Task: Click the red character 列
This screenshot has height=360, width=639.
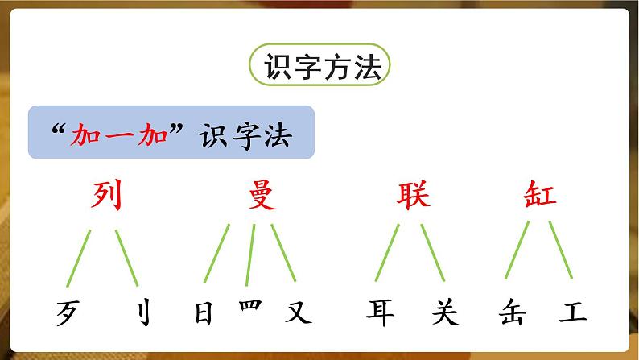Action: coord(106,195)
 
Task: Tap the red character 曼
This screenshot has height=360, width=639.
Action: coord(260,195)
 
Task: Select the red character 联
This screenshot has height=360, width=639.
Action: coord(413,195)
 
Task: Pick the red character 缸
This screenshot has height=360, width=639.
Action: coord(536,195)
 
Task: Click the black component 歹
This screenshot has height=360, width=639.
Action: coord(70,312)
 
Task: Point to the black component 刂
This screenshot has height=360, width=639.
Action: coord(134,312)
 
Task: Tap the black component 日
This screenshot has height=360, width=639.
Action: coord(204,312)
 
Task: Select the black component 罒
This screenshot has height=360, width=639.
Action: coord(251,307)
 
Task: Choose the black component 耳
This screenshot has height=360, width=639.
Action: coord(380,312)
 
